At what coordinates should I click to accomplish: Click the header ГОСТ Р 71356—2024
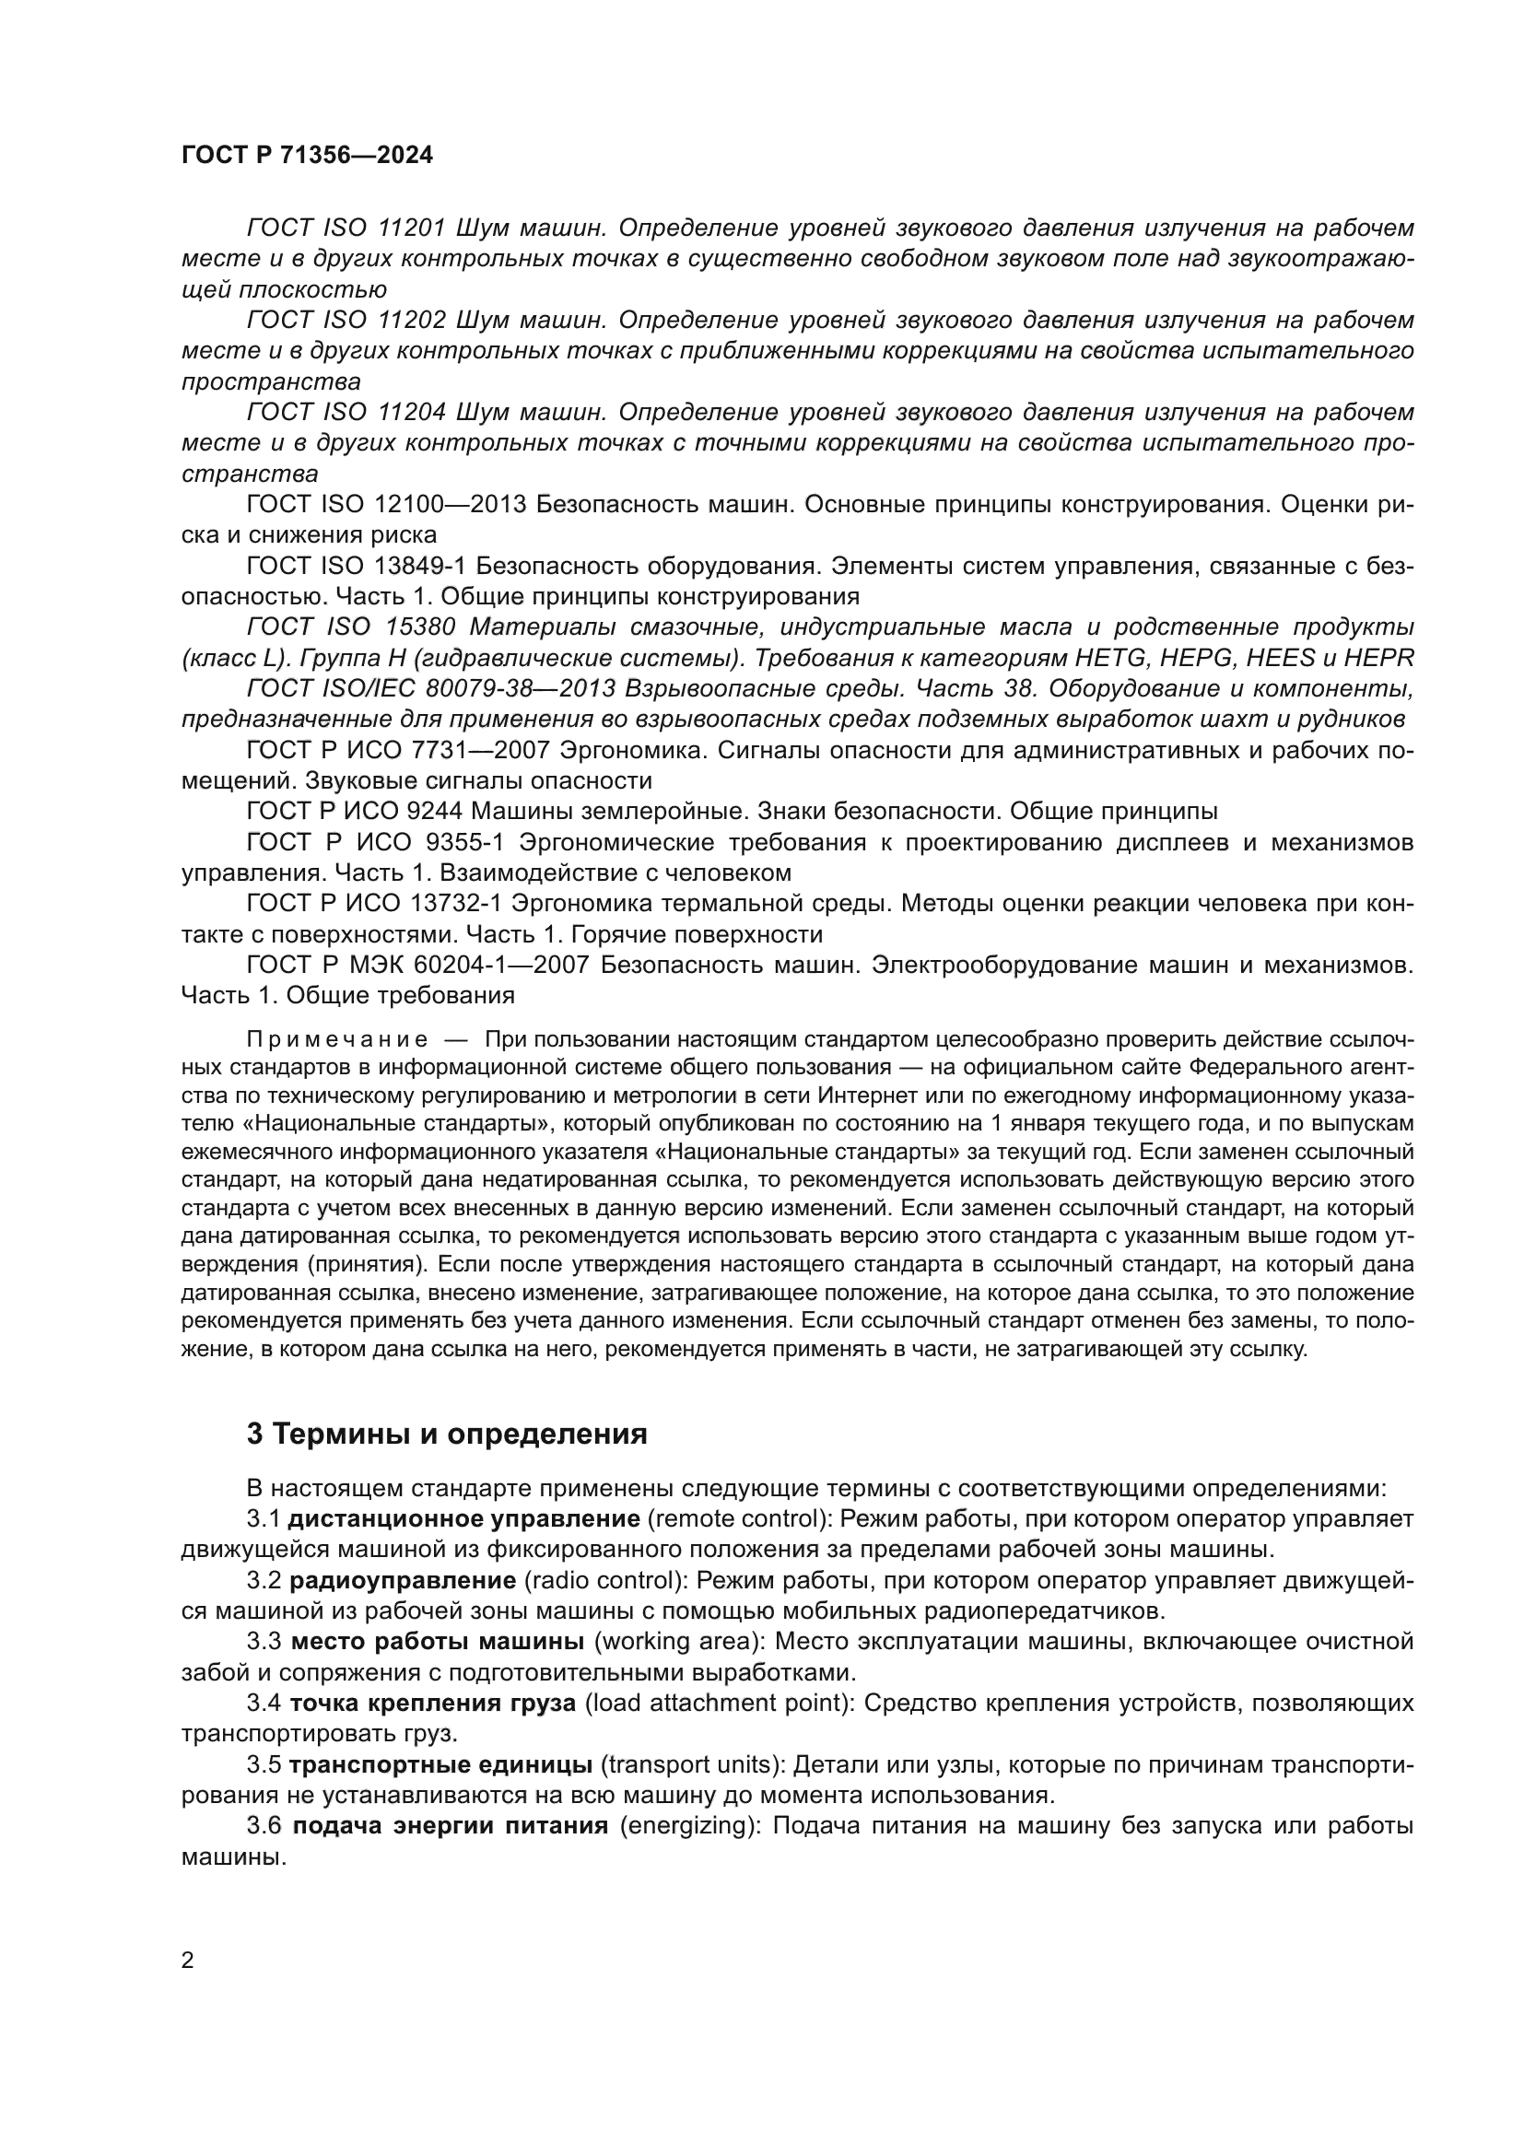pos(307,156)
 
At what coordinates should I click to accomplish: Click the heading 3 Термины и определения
pos(447,1435)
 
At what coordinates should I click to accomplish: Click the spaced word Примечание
pos(337,1040)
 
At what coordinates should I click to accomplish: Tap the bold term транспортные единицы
pos(440,1764)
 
